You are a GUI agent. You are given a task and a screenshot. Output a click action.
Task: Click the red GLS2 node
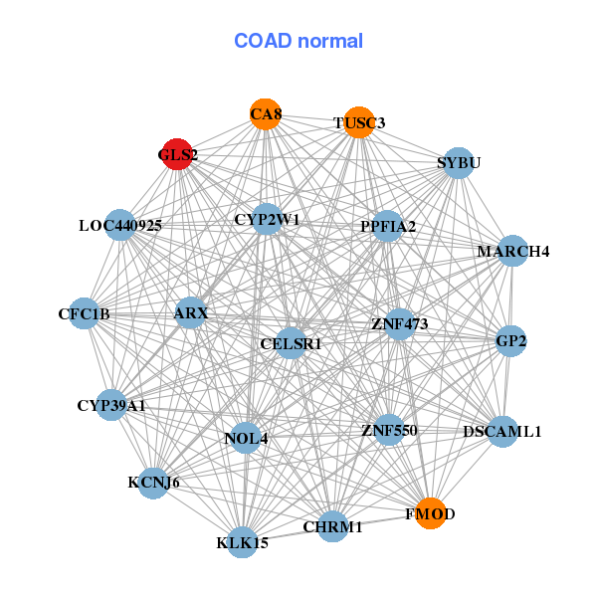(176, 154)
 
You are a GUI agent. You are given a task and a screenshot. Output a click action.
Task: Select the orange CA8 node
(265, 114)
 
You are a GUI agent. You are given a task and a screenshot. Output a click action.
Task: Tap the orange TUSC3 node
(359, 122)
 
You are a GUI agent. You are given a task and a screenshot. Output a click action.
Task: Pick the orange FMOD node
(430, 513)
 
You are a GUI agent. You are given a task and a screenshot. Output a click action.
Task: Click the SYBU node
(457, 162)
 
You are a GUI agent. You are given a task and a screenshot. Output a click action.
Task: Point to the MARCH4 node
(511, 251)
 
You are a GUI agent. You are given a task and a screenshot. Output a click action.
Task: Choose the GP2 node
(510, 341)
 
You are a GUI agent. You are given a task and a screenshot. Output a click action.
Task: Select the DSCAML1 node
(502, 432)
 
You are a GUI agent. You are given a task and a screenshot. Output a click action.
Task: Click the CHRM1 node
(332, 526)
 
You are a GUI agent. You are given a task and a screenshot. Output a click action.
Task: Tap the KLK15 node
(243, 542)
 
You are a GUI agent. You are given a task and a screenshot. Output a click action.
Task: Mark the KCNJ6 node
(154, 483)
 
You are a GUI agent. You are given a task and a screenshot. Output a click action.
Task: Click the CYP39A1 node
(111, 405)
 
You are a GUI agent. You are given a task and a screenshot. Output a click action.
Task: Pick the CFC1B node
(85, 314)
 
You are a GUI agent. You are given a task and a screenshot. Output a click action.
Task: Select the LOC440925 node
(120, 225)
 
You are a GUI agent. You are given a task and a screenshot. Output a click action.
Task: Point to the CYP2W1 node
(267, 218)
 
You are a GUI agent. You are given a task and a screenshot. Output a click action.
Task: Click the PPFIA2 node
(388, 226)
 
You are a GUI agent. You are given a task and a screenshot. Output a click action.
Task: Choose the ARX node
(191, 313)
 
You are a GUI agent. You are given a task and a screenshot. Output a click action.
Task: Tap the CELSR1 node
(291, 343)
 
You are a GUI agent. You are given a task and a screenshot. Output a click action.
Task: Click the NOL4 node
(246, 437)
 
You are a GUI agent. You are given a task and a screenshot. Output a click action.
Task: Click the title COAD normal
(298, 41)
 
